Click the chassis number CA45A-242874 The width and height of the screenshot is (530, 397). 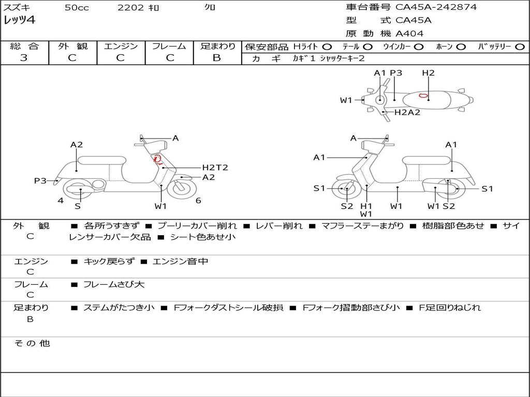click(436, 7)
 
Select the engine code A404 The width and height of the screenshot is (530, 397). click(409, 34)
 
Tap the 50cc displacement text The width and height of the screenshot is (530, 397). click(77, 8)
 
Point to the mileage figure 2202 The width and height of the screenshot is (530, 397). click(128, 8)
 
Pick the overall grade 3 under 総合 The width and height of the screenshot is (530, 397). click(24, 58)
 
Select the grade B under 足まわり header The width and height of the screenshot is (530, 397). click(217, 58)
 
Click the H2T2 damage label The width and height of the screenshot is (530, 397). click(215, 167)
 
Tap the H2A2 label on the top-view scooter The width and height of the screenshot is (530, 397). click(407, 112)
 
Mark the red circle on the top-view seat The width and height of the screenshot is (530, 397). click(423, 96)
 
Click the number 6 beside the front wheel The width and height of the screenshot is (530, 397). click(198, 201)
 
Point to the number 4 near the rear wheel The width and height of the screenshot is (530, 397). click(61, 201)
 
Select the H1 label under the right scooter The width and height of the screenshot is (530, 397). click(366, 206)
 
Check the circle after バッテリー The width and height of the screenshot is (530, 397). click(520, 47)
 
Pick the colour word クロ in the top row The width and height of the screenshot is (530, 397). click(210, 7)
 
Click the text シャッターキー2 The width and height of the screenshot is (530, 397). click(342, 59)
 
